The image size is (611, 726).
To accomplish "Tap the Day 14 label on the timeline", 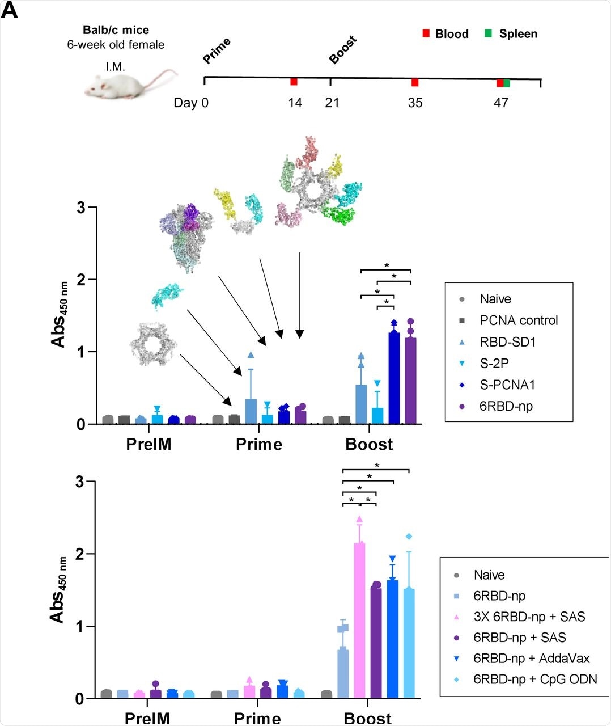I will (295, 103).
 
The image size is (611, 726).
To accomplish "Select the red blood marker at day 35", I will (415, 83).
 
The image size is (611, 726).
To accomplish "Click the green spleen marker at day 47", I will (506, 83).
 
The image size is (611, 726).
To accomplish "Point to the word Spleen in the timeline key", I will (518, 34).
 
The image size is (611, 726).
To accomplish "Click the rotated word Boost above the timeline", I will (343, 50).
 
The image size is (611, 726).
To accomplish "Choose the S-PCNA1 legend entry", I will (507, 385).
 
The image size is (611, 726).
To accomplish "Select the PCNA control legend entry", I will (519, 320).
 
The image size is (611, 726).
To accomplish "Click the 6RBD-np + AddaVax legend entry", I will (532, 658).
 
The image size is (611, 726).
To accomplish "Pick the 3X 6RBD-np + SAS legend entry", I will (529, 616).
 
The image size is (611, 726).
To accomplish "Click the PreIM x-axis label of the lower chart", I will (147, 719).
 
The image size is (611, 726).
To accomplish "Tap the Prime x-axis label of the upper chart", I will (258, 444).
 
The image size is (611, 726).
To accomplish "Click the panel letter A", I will (10, 10).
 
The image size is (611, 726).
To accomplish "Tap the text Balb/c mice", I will (116, 30).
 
